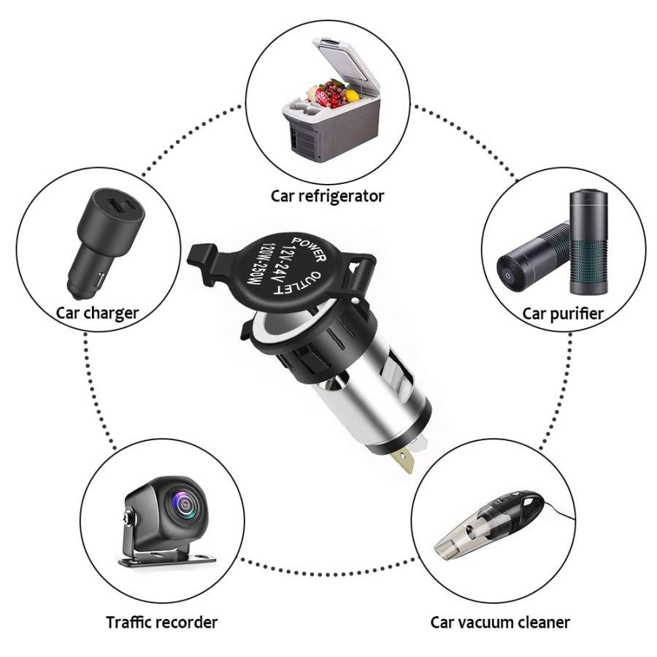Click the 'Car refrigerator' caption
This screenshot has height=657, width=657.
coord(327,196)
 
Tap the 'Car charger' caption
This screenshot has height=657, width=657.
coord(98,313)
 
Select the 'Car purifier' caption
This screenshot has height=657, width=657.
coord(562,314)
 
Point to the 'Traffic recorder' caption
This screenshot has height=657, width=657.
coord(161,622)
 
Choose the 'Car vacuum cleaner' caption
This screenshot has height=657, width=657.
coord(499,622)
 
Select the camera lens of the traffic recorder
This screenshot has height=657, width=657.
coord(180,505)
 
